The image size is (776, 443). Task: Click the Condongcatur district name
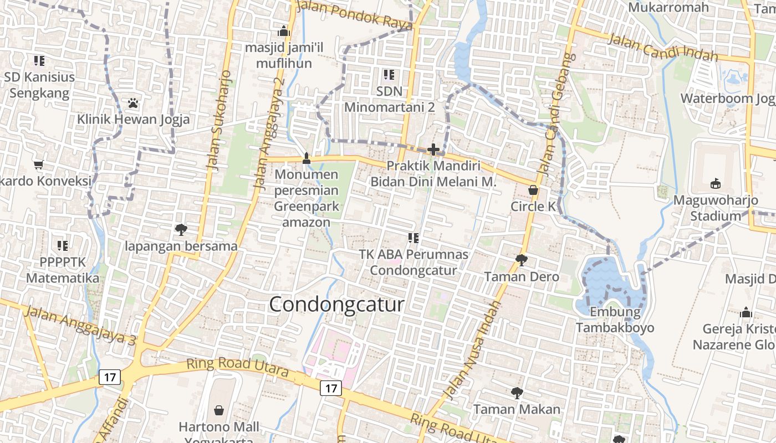(x=336, y=305)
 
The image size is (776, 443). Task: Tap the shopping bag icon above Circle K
(x=533, y=190)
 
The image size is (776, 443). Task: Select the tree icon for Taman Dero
(x=521, y=260)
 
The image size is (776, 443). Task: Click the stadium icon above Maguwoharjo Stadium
(x=715, y=183)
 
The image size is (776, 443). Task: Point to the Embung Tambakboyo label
(x=615, y=320)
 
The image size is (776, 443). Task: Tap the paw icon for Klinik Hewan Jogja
(x=132, y=103)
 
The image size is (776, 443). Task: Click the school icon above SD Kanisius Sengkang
(x=39, y=60)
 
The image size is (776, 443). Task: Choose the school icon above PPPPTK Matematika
(x=63, y=245)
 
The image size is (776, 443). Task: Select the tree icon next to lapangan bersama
(x=181, y=229)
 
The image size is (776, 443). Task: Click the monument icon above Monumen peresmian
(x=306, y=158)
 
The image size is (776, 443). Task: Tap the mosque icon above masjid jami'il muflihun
(x=284, y=31)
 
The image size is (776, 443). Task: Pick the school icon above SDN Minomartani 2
(x=389, y=74)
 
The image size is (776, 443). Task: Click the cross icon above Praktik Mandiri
(x=433, y=150)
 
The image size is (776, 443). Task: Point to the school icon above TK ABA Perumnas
(x=413, y=238)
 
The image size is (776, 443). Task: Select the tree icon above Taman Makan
(x=517, y=393)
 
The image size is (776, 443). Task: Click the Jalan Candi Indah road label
(x=662, y=48)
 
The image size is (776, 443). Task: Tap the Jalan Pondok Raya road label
(x=355, y=16)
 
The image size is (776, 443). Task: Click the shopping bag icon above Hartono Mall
(x=219, y=410)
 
